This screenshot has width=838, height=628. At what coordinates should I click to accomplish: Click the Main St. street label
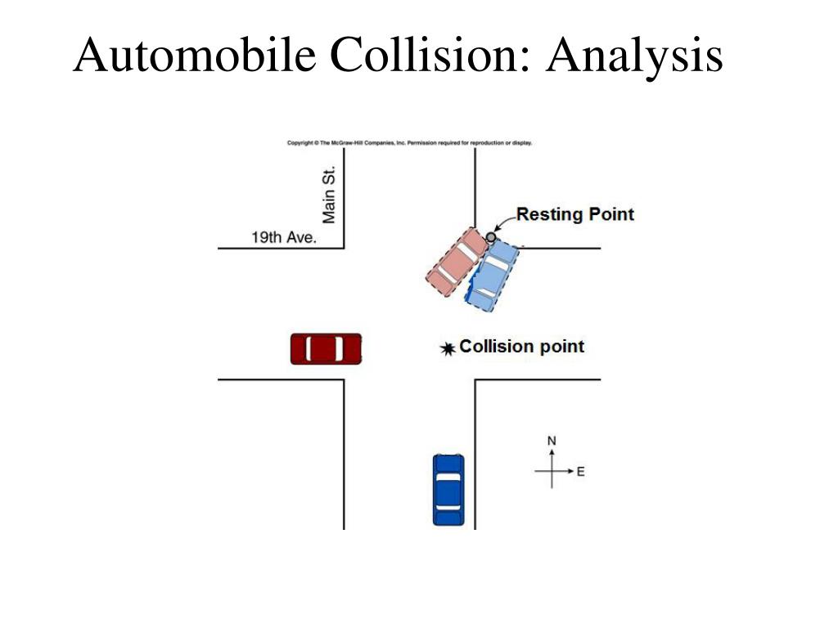[x=329, y=195]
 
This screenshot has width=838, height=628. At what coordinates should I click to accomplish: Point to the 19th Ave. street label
[x=284, y=237]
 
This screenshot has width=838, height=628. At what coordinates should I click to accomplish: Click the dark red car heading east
[x=326, y=348]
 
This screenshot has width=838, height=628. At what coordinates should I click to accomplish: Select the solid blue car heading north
[x=448, y=490]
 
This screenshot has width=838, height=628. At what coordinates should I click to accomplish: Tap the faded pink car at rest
[x=457, y=262]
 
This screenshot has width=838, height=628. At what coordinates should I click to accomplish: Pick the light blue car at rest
[x=492, y=276]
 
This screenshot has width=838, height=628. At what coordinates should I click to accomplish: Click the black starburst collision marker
[x=448, y=348]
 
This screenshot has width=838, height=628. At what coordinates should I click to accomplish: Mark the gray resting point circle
[x=491, y=236]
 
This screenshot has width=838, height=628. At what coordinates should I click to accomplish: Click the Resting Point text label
[x=575, y=214]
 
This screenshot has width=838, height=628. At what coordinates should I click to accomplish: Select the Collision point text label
[x=521, y=347]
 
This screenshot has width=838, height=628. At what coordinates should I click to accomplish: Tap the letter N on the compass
[x=552, y=441]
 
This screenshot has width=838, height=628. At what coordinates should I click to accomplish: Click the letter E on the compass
[x=580, y=472]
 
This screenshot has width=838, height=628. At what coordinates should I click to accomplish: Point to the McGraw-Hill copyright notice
[x=409, y=142]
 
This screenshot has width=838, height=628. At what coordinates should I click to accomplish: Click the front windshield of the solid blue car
[x=448, y=478]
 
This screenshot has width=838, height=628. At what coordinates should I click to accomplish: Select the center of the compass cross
[x=552, y=471]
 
